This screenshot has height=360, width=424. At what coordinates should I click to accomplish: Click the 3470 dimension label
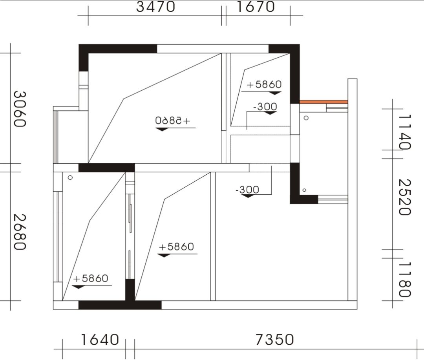pos(155,7)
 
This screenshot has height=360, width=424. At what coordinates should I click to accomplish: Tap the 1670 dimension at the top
pos(256,7)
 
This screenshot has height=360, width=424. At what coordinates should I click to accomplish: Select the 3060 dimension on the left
pos(20,109)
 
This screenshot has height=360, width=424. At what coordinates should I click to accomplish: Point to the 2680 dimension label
pos(20,232)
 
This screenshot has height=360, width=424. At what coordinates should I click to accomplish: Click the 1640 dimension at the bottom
pos(100,340)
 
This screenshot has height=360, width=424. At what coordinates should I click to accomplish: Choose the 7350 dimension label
pos(274,340)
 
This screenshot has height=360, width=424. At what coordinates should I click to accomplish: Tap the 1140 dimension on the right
pos(405,132)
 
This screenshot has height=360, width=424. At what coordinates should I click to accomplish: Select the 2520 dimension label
pos(405,197)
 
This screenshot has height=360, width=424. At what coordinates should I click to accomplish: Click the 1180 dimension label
pos(405,279)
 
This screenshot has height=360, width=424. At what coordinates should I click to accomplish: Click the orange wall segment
pos(323,102)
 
